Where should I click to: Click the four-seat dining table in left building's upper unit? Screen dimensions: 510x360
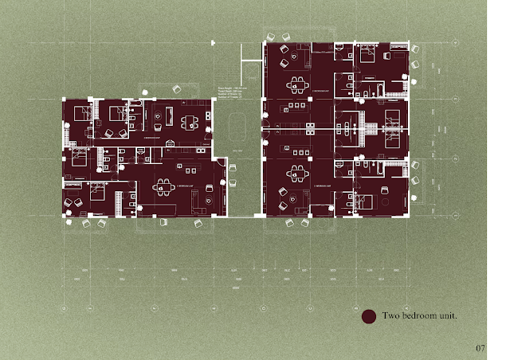click(x=190, y=123)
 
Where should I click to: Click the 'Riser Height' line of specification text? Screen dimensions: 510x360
click(x=232, y=89)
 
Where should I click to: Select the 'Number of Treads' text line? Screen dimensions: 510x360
click(x=232, y=102)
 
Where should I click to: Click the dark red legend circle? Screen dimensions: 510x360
click(x=368, y=317)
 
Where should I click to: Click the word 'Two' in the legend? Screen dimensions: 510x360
click(x=391, y=316)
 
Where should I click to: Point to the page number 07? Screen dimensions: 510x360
click(x=480, y=347)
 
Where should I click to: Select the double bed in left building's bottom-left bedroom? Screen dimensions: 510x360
click(x=95, y=192)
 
